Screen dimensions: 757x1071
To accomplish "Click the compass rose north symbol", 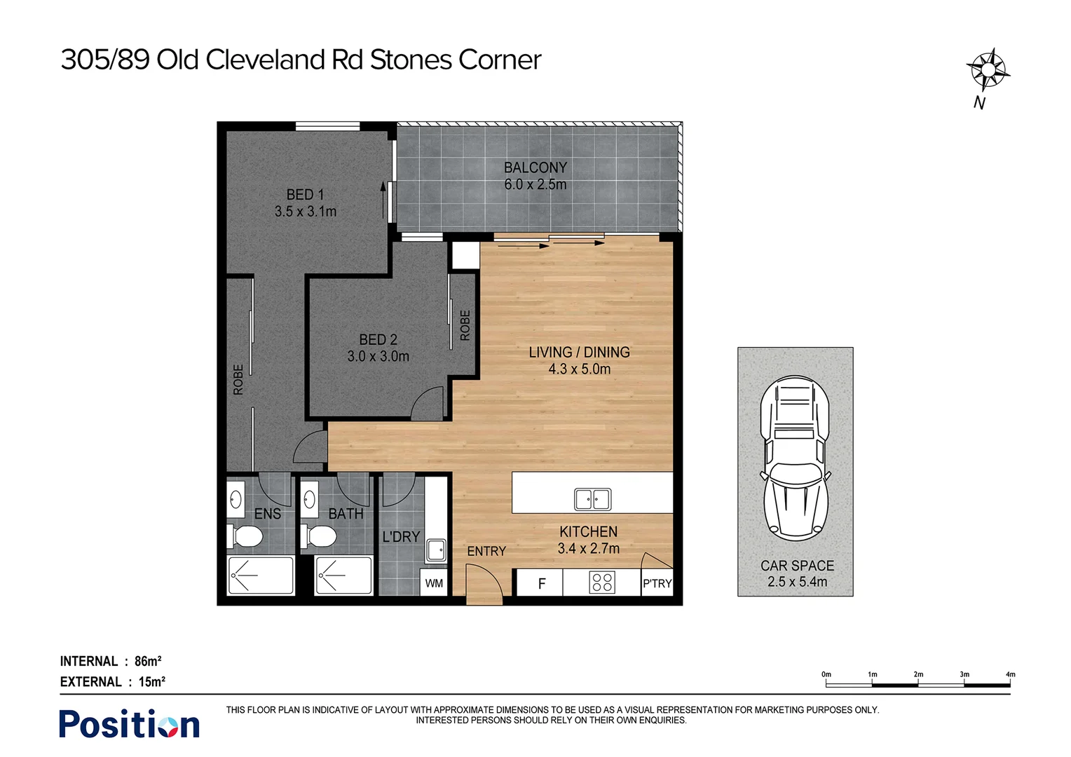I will click(x=987, y=70).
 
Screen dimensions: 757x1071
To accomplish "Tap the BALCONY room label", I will click(x=535, y=168).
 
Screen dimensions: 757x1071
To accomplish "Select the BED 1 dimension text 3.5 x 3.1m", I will click(x=306, y=211).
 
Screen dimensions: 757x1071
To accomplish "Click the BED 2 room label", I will click(x=378, y=339).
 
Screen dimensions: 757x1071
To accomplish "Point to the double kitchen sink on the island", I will click(x=592, y=499).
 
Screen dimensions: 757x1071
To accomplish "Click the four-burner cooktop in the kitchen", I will click(x=602, y=582).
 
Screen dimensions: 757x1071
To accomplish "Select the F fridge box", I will click(x=540, y=583).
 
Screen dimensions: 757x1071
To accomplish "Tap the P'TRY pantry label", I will click(x=657, y=583).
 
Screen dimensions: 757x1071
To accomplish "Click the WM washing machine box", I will click(x=434, y=583).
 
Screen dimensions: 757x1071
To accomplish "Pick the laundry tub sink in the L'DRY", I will click(x=436, y=550).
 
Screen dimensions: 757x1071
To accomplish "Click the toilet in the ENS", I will click(x=245, y=536).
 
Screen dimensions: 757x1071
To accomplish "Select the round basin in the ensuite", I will click(x=236, y=500).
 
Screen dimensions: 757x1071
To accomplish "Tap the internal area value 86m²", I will click(x=148, y=661).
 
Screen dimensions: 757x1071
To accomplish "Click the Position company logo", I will click(x=129, y=724).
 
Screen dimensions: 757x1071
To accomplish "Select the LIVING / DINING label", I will click(x=579, y=353).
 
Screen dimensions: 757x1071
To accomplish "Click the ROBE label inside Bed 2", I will click(x=465, y=325).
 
